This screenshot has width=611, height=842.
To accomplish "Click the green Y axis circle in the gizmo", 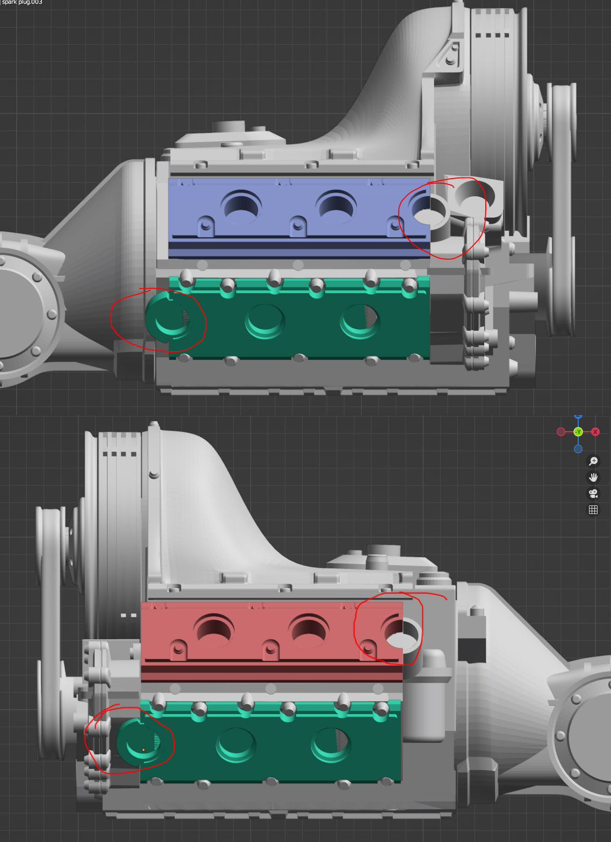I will tap(578, 432).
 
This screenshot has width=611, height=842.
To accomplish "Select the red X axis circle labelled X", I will tap(595, 432).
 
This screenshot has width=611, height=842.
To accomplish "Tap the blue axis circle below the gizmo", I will tap(578, 449).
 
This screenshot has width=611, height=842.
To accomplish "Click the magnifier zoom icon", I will tap(593, 461).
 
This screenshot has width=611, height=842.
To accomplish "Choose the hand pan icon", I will tap(593, 477).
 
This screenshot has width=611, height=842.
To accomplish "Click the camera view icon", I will tap(593, 494).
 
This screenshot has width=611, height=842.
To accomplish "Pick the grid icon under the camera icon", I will tap(593, 510).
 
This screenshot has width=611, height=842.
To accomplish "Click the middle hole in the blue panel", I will tap(336, 206).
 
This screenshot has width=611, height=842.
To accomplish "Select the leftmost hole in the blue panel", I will tap(242, 206).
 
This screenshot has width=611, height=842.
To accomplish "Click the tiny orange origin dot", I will tap(143, 750).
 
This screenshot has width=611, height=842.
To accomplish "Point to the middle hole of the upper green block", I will tap(265, 322).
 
